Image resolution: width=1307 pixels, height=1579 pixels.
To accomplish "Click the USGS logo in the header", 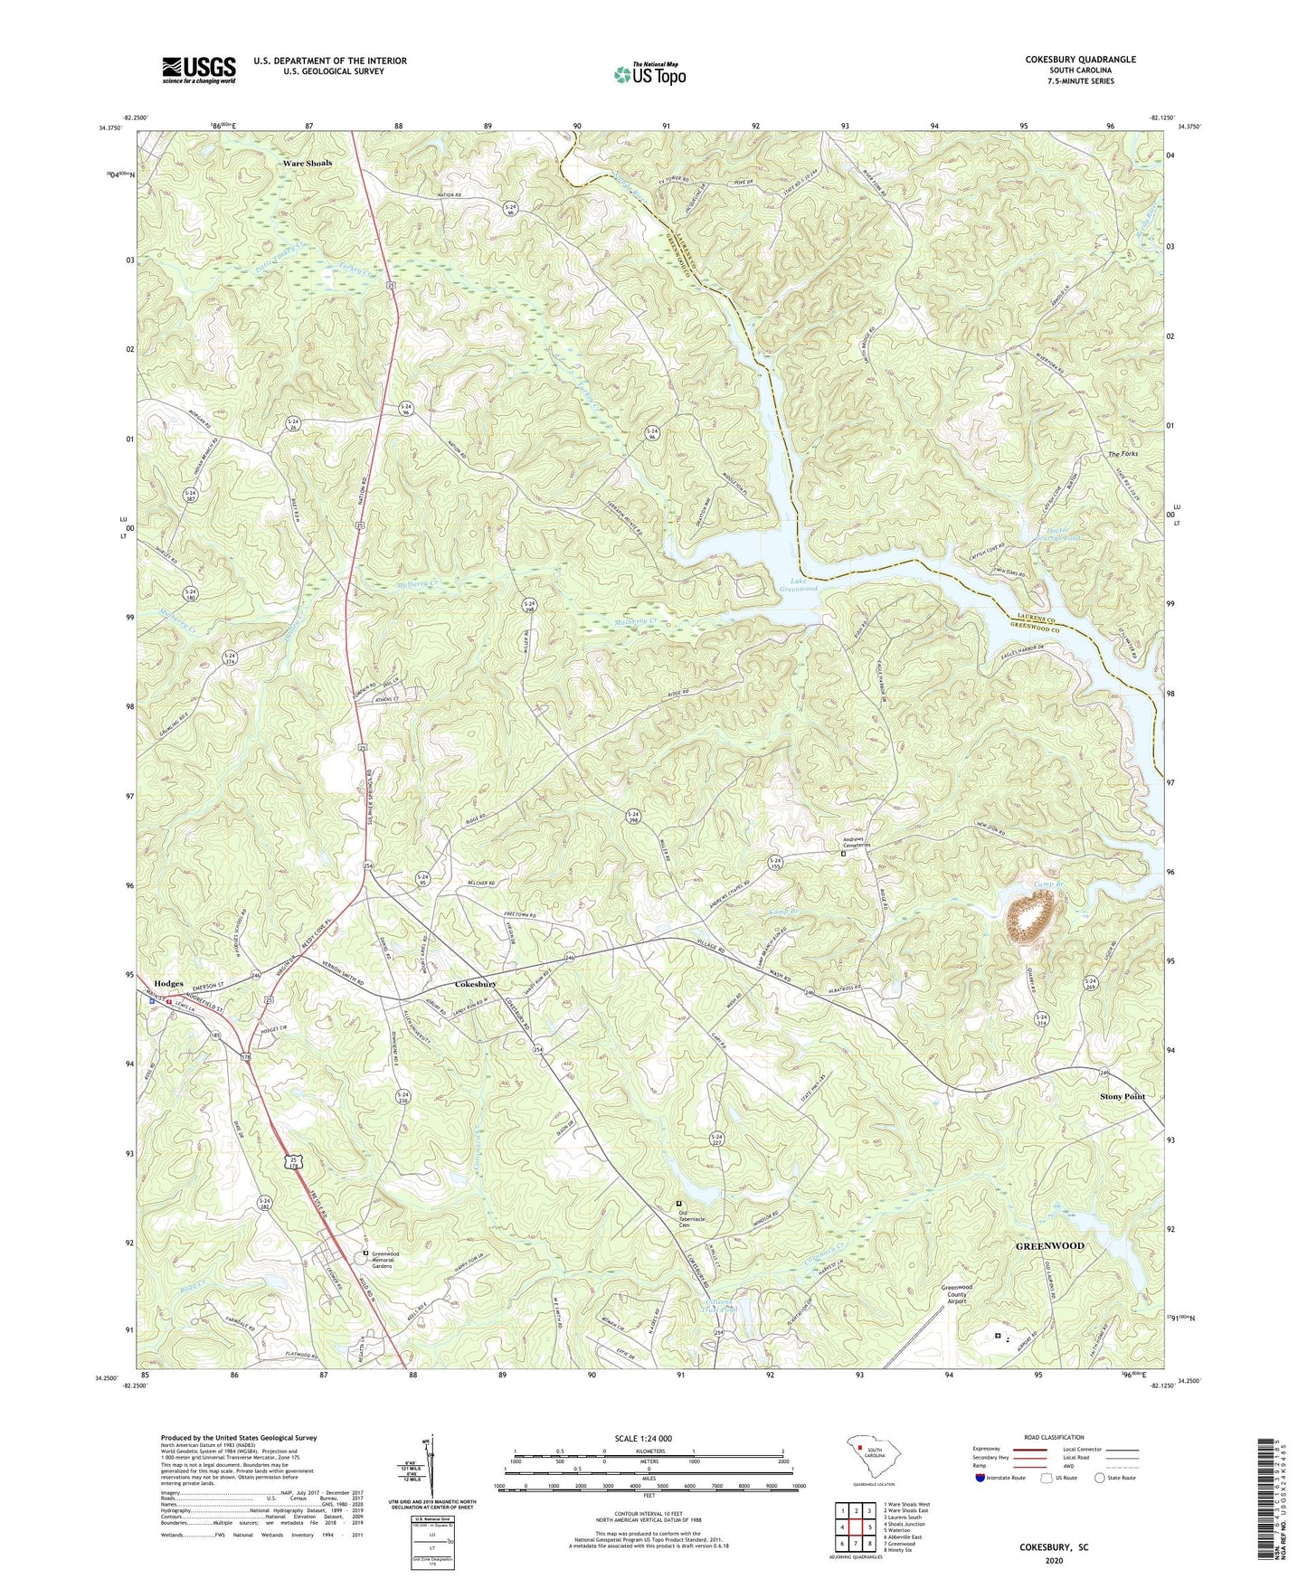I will pyautogui.click(x=199, y=69).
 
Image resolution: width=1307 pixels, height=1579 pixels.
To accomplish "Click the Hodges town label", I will pyautogui.click(x=168, y=983).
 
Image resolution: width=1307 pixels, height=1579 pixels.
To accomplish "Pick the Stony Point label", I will pyautogui.click(x=1122, y=1096).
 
